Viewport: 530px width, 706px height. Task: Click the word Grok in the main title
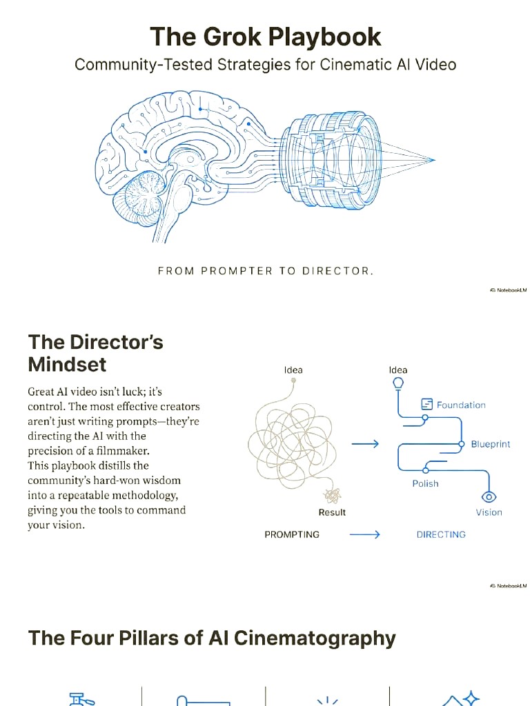[232, 37]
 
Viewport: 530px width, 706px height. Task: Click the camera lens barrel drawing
[332, 160]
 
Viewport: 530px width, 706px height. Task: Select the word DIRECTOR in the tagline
[335, 271]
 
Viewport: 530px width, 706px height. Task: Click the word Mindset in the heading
[67, 364]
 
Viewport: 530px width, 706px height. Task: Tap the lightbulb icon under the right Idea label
[398, 383]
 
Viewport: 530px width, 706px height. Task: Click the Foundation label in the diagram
[461, 405]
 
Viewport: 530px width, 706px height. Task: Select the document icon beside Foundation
[426, 404]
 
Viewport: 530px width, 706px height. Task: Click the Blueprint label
[491, 445]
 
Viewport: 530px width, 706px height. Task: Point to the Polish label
[425, 483]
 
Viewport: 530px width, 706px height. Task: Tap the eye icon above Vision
[489, 496]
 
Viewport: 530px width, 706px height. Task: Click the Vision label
[489, 512]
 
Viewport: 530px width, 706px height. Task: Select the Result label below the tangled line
[332, 512]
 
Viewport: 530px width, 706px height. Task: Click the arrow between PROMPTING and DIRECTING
[365, 534]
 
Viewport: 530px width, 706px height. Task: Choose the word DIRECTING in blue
[441, 534]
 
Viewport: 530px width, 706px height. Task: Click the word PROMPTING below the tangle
[292, 534]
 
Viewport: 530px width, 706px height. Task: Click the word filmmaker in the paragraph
[123, 451]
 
